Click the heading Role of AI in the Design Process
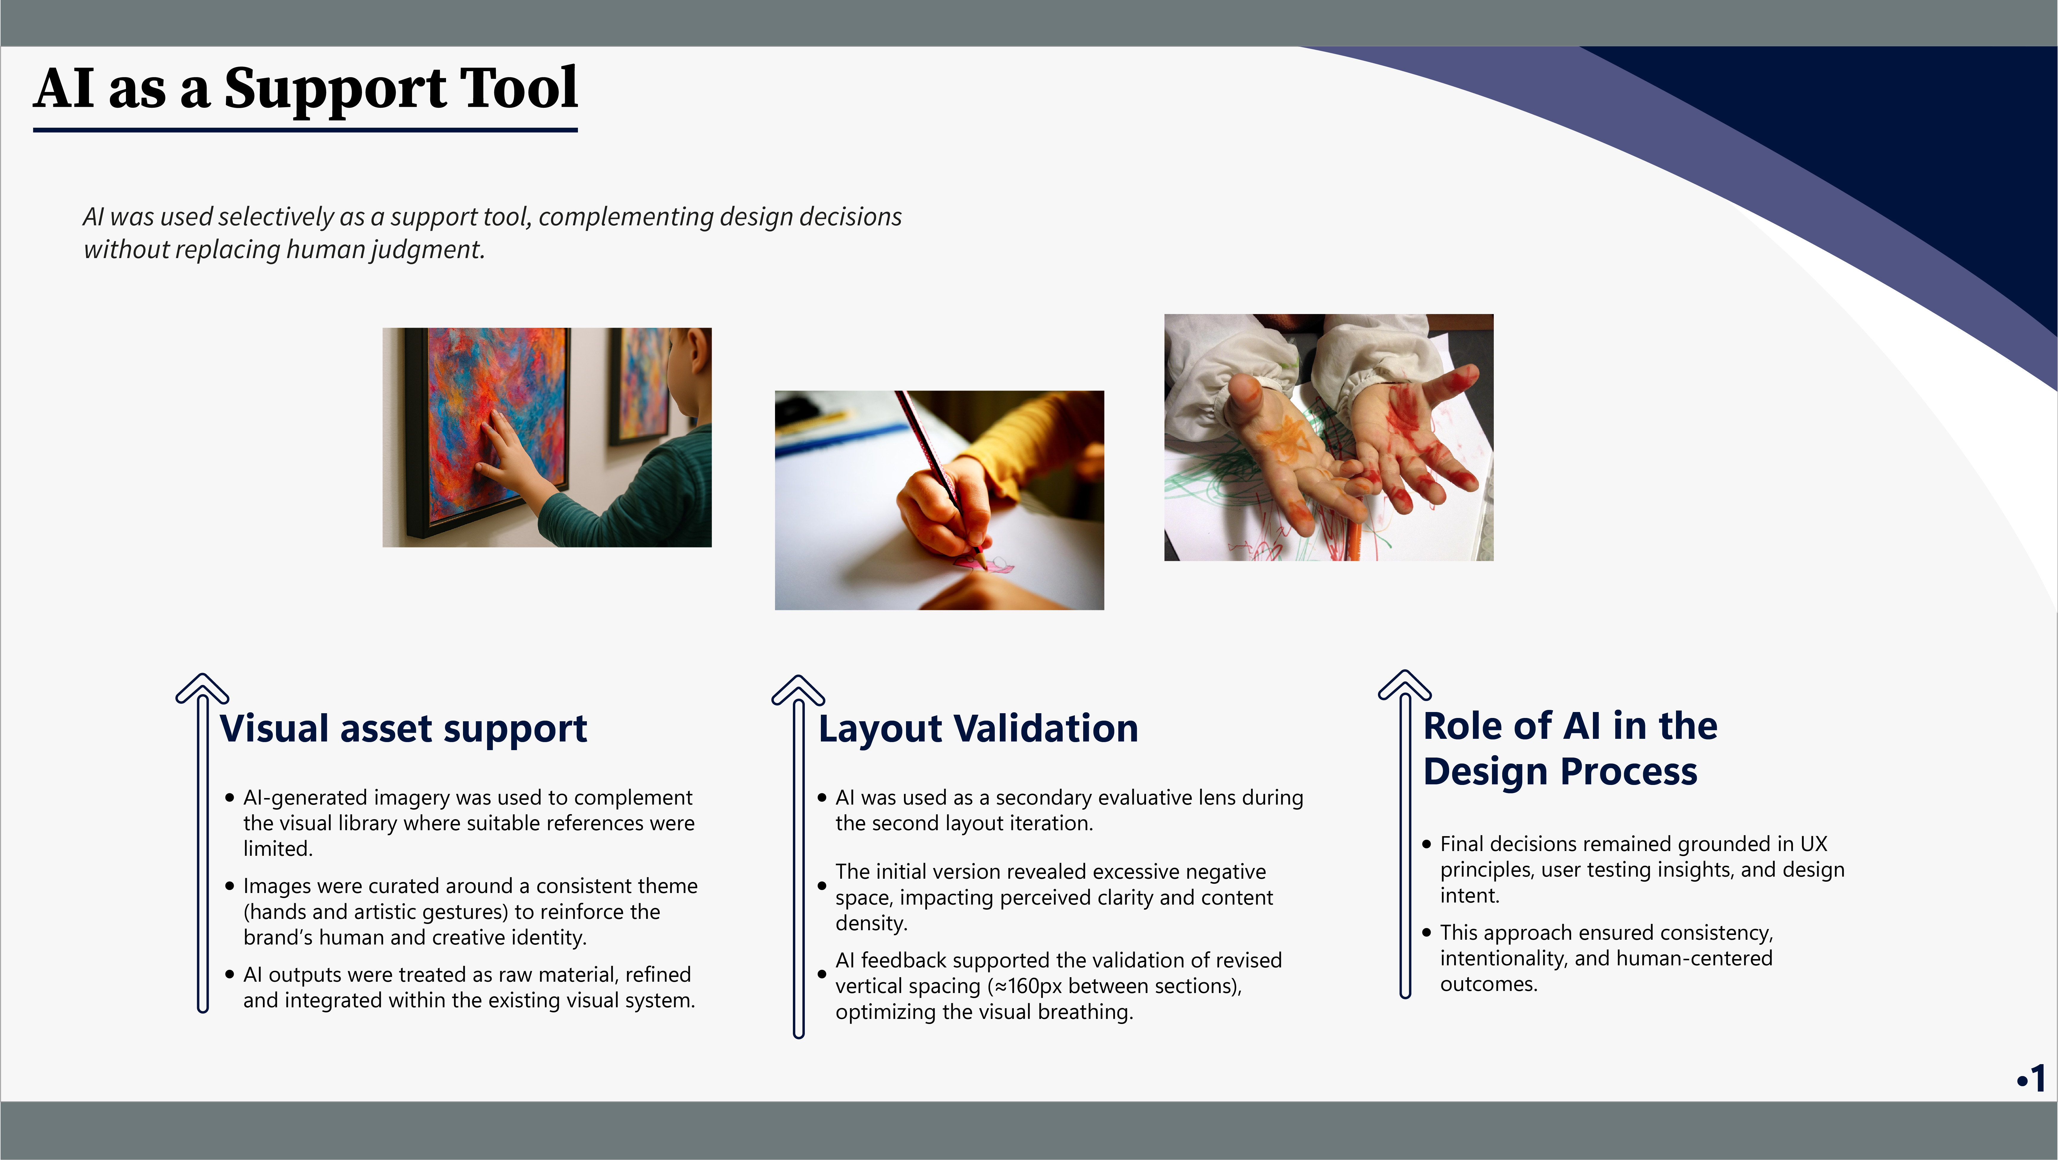coord(1570,749)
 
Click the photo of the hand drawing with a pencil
coord(939,500)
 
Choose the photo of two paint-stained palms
coord(1329,437)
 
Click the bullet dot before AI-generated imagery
coord(230,797)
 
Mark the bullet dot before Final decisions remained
coord(1427,844)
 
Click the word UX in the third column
coord(1814,844)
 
